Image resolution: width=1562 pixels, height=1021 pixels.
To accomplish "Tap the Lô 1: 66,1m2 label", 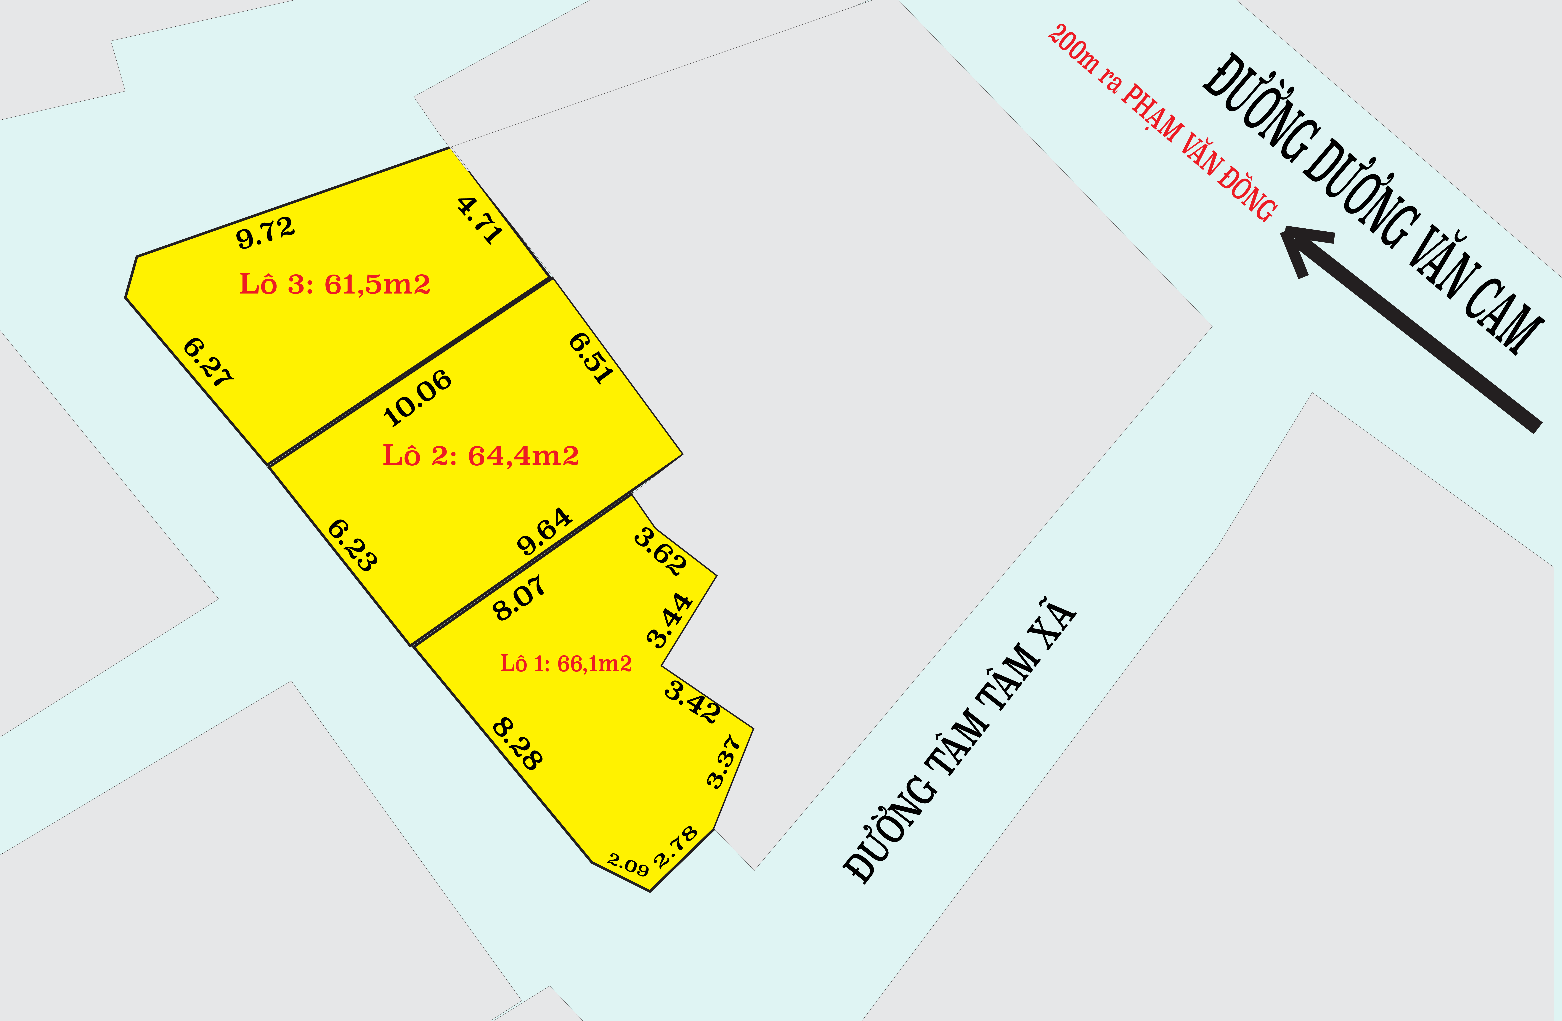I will pyautogui.click(x=566, y=664).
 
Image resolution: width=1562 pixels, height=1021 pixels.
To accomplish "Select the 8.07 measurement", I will pyautogui.click(x=518, y=597).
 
